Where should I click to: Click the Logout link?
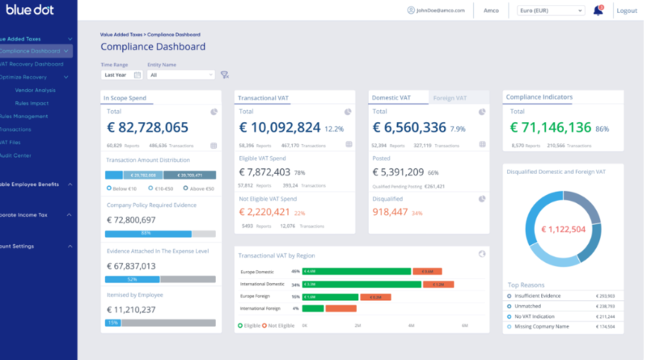coord(626,11)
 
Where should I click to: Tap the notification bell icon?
coord(598,11)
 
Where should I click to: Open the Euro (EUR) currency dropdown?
coord(550,11)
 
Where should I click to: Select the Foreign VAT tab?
coord(450,98)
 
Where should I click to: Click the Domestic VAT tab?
coord(391,98)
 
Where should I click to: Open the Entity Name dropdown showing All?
coord(180,74)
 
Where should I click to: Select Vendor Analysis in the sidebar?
coord(35,91)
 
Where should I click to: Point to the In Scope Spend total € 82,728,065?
coord(147,127)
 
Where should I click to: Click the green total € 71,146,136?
coord(552,127)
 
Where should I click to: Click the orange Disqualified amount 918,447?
coord(391,213)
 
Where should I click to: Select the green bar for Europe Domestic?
coord(357,271)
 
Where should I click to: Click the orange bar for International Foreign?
coord(340,308)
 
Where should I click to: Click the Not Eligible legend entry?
coord(278,325)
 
